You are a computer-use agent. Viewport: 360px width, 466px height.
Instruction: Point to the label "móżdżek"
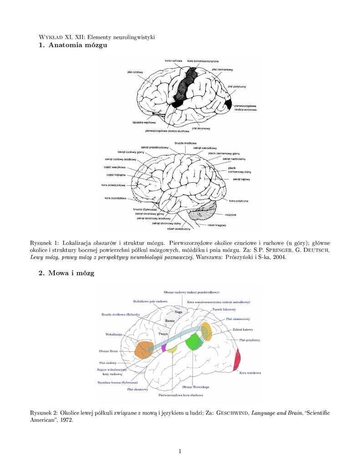230,214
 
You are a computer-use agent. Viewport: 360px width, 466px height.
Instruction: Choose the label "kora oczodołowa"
115,198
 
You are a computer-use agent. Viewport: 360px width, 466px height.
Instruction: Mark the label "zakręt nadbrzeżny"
234,159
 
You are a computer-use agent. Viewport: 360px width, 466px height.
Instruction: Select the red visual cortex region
237,360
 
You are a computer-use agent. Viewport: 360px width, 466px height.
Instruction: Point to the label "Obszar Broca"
108,351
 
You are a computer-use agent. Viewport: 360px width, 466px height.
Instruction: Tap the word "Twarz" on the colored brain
163,334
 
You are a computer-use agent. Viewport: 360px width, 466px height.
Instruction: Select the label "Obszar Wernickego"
195,387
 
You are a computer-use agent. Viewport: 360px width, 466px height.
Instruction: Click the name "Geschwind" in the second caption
233,413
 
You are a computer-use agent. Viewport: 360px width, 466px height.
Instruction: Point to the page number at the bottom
180,451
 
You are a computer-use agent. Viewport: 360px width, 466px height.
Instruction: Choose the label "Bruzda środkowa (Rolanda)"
121,314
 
